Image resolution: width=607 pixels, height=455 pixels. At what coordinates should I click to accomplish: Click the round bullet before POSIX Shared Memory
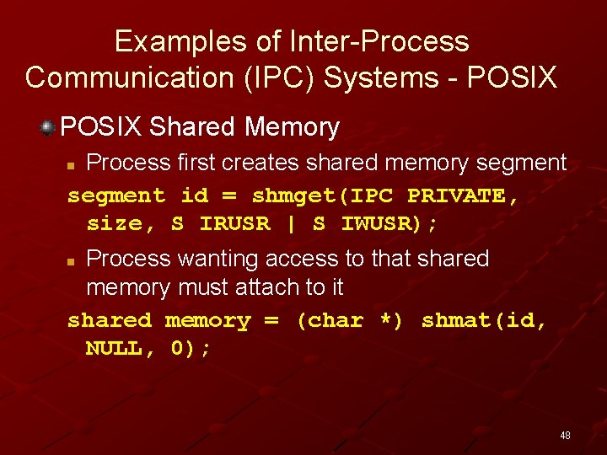(x=48, y=127)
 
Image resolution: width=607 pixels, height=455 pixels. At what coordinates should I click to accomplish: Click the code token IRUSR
(x=235, y=223)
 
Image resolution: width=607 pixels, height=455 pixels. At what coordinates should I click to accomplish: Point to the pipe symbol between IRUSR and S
(x=291, y=223)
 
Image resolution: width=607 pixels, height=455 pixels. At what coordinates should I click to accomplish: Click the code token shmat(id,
(x=484, y=320)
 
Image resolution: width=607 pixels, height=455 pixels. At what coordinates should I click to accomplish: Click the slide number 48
(x=565, y=436)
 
